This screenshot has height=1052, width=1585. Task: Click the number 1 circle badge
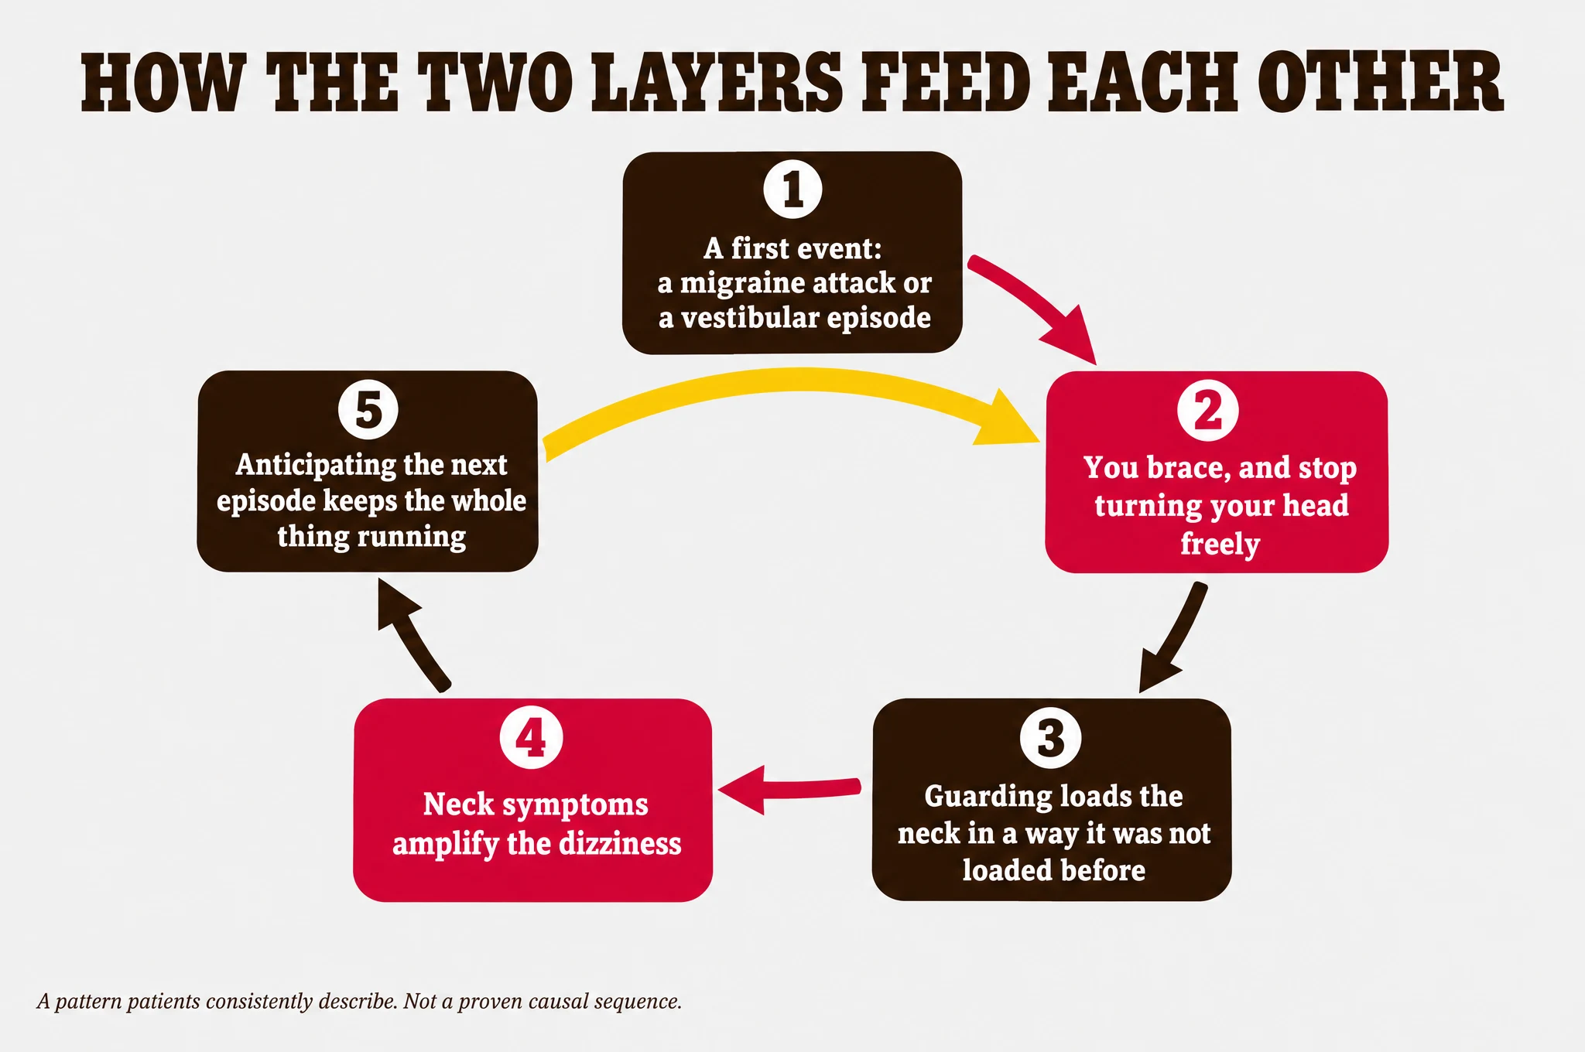pyautogui.click(x=792, y=190)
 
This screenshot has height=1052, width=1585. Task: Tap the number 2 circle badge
pyautogui.click(x=1207, y=411)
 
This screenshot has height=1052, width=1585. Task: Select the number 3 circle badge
pyautogui.click(x=1050, y=738)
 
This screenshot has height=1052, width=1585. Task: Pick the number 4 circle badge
pyautogui.click(x=532, y=738)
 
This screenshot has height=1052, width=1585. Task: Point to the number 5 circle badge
pyautogui.click(x=368, y=410)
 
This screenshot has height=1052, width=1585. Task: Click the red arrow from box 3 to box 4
pyautogui.click(x=789, y=789)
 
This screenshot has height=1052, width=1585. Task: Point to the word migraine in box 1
pyautogui.click(x=743, y=283)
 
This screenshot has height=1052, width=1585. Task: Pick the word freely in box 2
pyautogui.click(x=1220, y=544)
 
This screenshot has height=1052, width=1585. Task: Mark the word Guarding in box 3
pyautogui.click(x=987, y=798)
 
